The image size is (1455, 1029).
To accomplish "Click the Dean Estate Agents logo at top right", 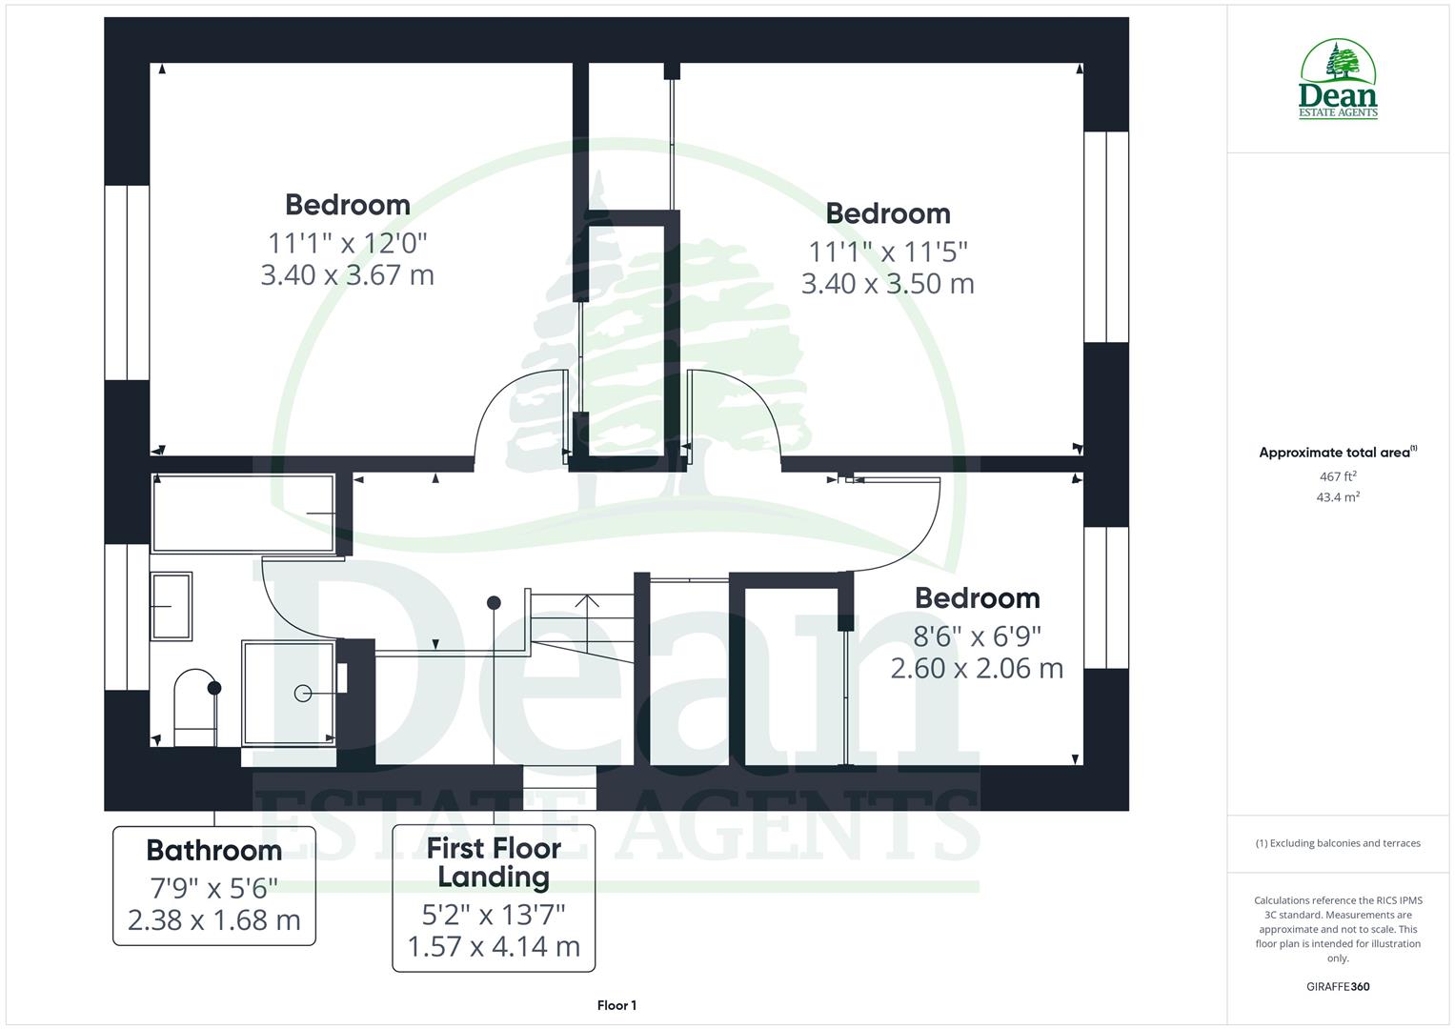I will tap(1339, 80).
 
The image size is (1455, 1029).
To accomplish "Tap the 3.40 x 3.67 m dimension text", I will tap(347, 275).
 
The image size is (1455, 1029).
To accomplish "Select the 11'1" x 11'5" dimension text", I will tap(888, 252).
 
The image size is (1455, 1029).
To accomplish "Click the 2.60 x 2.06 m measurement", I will tap(977, 668).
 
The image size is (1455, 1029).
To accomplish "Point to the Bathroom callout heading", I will tap(213, 850).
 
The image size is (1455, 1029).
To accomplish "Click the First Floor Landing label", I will tap(494, 862).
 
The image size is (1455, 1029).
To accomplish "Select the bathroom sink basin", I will tap(171, 605).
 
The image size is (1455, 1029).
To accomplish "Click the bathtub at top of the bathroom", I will tap(244, 514).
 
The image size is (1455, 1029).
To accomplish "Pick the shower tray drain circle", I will tap(303, 694).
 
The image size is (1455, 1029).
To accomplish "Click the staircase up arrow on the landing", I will tap(587, 602).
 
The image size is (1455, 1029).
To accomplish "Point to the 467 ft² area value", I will tap(1338, 476).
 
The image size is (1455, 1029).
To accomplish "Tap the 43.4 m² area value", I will tap(1338, 497).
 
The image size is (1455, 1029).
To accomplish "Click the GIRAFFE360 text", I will tap(1338, 986).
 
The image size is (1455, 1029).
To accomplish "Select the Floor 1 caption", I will tap(616, 1005).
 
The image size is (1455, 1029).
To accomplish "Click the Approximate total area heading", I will tap(1337, 453).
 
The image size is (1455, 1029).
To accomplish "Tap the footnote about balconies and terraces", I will tap(1338, 843).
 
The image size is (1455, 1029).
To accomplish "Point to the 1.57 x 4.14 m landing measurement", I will tap(494, 947).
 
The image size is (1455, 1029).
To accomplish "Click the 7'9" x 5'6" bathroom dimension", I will tap(214, 888).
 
